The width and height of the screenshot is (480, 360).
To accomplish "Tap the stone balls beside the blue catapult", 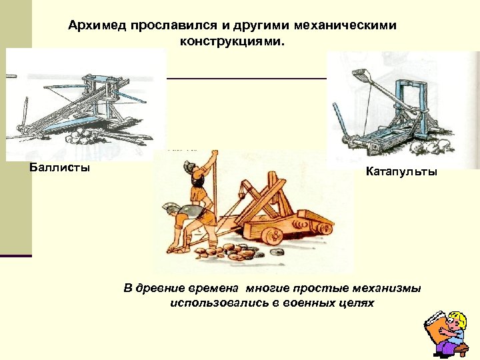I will coord(437,145).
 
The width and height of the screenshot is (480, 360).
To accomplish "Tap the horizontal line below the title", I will coord(247,79).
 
